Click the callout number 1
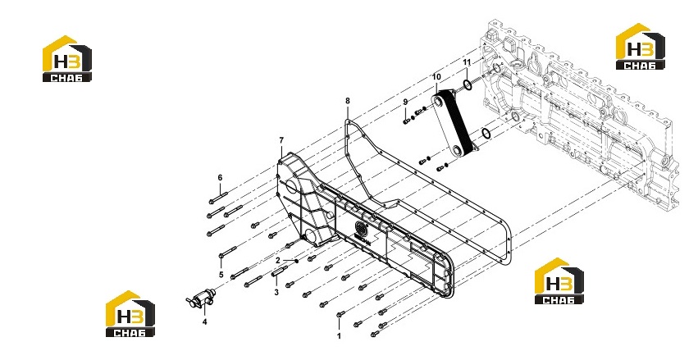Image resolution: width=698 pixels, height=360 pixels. [x=339, y=336]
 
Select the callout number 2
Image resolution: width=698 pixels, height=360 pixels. [x=278, y=260]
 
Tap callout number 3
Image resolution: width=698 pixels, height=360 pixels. [x=276, y=293]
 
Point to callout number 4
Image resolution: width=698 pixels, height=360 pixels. [x=205, y=321]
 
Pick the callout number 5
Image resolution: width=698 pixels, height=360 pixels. [x=221, y=275]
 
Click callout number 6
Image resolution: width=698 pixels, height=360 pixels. [x=220, y=178]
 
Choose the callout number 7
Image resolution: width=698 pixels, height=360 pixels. [x=281, y=140]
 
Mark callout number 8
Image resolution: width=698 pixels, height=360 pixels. [x=348, y=101]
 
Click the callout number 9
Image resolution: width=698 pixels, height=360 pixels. [x=405, y=102]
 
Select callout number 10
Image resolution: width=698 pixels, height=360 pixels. [x=436, y=77]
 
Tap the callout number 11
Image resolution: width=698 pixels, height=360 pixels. [x=467, y=62]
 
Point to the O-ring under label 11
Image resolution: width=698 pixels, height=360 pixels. [x=467, y=84]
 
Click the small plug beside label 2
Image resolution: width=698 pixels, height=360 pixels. [x=296, y=261]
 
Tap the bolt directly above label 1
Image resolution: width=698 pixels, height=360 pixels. [x=340, y=314]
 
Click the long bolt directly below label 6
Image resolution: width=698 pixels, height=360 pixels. [x=218, y=198]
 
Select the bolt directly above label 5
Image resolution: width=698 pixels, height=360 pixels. [x=228, y=253]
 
